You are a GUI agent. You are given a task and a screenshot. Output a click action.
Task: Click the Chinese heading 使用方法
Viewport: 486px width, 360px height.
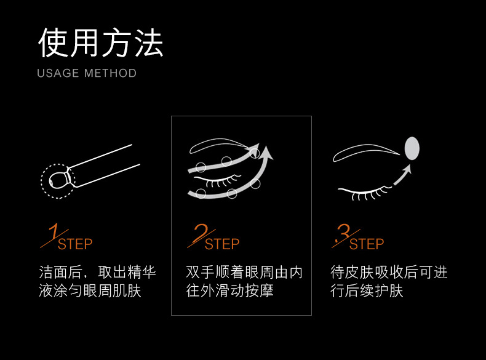coord(100,43)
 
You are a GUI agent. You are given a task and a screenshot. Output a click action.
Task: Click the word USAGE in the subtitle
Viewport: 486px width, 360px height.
coord(58,73)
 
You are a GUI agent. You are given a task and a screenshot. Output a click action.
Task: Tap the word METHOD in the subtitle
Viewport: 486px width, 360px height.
coord(110,73)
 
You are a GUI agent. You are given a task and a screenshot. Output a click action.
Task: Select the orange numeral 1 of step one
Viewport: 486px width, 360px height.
coord(54,231)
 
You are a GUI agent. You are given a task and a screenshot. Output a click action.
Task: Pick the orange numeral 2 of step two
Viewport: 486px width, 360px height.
coord(201,232)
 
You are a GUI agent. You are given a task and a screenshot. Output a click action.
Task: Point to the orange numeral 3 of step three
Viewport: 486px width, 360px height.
coord(343,233)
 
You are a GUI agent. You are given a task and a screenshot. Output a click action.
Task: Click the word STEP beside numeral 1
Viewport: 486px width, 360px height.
coord(75,244)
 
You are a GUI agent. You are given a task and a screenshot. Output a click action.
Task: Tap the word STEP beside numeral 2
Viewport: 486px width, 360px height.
coord(222,244)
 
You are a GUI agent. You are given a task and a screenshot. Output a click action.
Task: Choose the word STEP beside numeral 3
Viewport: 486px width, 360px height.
coord(367,244)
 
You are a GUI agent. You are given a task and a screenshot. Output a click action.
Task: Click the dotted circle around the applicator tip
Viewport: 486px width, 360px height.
coord(42,181)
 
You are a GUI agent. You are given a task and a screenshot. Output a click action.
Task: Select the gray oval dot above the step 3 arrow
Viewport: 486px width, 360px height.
coord(412,148)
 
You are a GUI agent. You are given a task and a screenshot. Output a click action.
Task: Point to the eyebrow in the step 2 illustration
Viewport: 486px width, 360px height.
coord(217,142)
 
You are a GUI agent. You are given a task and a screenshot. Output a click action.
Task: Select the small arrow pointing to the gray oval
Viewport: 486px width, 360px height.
coord(402,175)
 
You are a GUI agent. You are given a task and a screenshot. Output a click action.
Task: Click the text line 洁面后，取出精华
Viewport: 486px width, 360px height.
coord(97,272)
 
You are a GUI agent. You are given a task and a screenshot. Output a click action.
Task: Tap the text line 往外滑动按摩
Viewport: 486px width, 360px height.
coord(229,291)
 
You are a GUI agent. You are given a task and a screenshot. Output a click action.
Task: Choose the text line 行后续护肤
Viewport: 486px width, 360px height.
coord(367,291)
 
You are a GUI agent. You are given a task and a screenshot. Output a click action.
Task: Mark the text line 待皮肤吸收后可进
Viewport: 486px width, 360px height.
coord(389,272)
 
